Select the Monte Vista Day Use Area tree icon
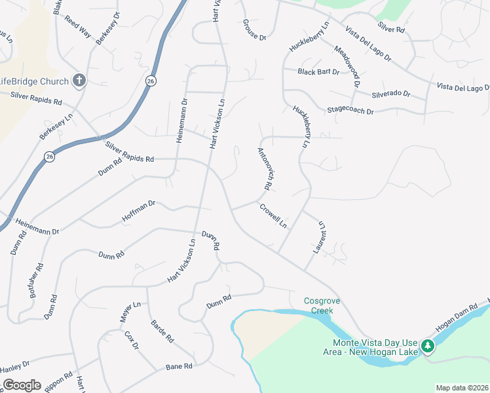coord(428,345)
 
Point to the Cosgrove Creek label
coord(318,306)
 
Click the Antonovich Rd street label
coord(265,168)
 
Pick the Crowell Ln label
coord(273,216)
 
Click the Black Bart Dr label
coord(318,72)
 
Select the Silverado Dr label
coord(390,94)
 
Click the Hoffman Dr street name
coord(138,211)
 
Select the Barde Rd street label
coord(162,331)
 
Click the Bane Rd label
coord(178,366)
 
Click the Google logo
coord(22,385)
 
